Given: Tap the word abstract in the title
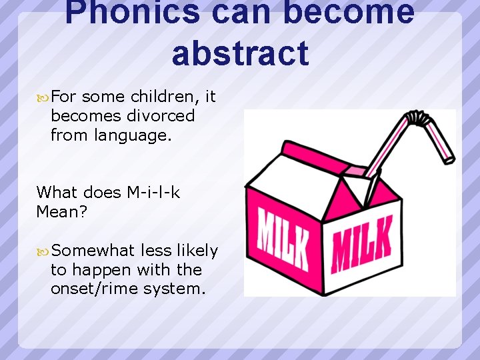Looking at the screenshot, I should (240, 53).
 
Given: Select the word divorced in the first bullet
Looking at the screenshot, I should (161, 116).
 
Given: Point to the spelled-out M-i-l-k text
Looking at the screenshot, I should (153, 193).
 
